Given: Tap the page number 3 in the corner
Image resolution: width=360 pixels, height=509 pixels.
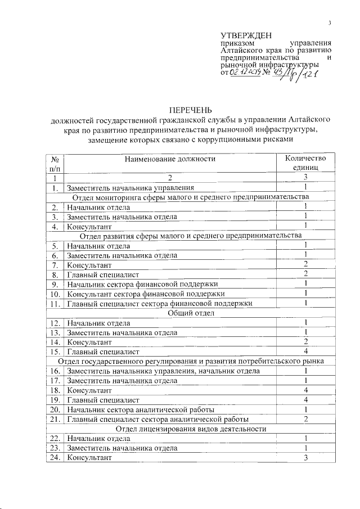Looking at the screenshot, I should [330, 22].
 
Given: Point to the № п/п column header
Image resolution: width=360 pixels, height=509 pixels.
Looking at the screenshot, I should [55, 163].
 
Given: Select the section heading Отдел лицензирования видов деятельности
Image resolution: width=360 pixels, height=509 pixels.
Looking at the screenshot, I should [191, 429].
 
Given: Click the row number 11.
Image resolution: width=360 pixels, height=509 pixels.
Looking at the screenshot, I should [55, 304].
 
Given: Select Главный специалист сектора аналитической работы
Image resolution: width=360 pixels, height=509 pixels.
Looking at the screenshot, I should [158, 420].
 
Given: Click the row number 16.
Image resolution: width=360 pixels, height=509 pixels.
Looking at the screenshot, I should [55, 371].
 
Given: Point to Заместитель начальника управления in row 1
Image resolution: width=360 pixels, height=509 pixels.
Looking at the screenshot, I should [130, 187].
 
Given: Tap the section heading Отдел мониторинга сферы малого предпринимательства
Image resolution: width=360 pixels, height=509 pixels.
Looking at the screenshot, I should [191, 197].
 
